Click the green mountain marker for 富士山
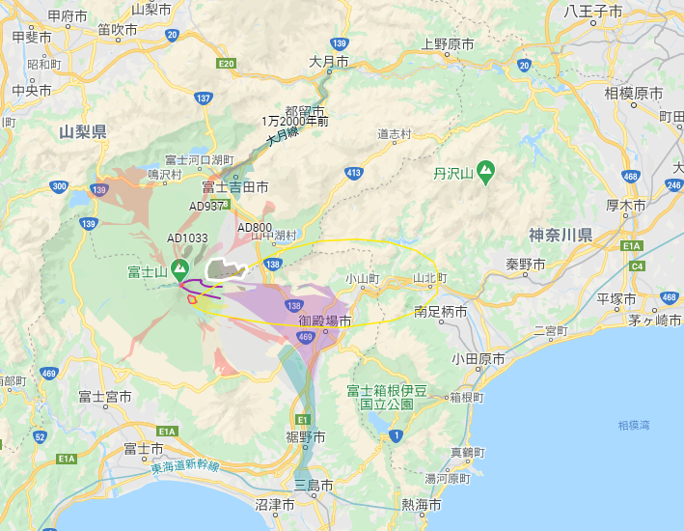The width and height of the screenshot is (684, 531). (x=179, y=268)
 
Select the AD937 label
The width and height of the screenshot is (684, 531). (x=206, y=206)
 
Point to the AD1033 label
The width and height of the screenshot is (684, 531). (x=187, y=238)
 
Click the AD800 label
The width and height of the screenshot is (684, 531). (x=255, y=228)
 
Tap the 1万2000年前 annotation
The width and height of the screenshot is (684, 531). (x=295, y=122)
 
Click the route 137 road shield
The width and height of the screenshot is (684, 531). (x=203, y=98)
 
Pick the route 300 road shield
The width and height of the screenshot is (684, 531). (x=60, y=186)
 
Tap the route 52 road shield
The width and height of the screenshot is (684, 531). (x=40, y=436)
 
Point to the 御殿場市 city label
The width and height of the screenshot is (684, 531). (x=325, y=321)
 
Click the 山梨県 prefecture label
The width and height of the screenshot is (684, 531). (x=82, y=131)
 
